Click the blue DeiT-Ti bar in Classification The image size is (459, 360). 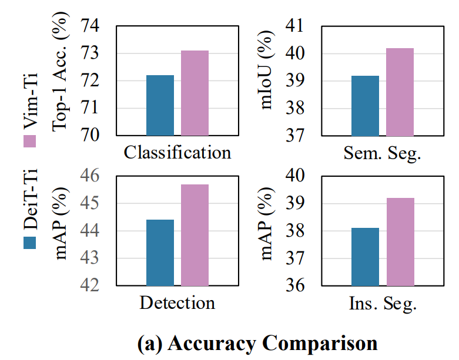pos(160,106)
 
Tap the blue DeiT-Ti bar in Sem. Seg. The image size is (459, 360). pos(365,106)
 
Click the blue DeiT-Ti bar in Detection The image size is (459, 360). pos(160,253)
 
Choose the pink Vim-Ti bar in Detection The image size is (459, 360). pos(195,235)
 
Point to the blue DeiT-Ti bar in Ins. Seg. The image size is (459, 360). pos(365,257)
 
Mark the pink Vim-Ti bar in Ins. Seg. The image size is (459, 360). pos(400,241)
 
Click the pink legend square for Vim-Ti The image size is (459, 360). pos(30,141)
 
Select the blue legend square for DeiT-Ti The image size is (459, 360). pos(30,241)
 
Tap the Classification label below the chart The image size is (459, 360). pos(177,153)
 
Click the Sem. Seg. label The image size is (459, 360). pos(383,153)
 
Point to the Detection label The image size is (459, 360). pos(177,303)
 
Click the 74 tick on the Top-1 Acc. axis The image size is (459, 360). pos(95,26)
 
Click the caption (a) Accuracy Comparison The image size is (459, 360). pos(257,343)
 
